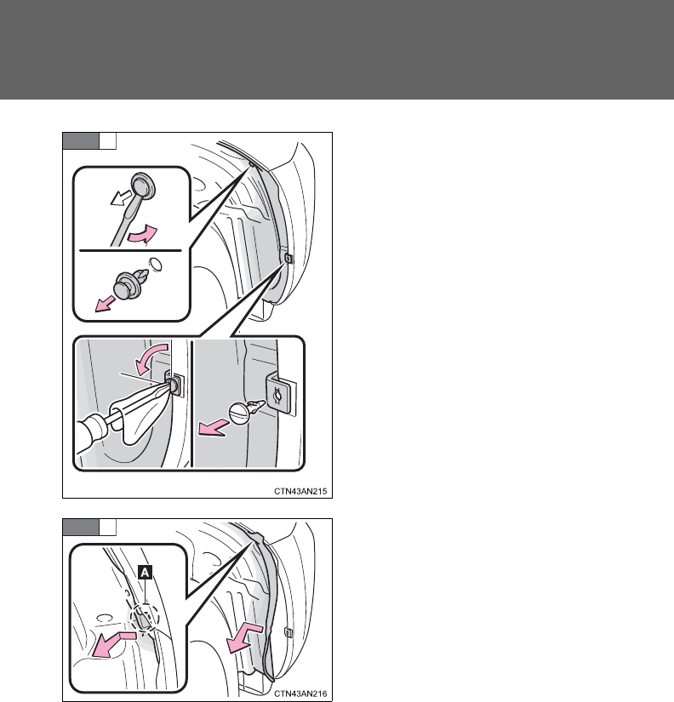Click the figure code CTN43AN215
[x=300, y=491]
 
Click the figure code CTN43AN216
[x=300, y=693]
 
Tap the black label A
[x=146, y=572]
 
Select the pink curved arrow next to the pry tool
[x=143, y=235]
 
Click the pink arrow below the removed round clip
[x=105, y=304]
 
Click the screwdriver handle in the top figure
[x=91, y=432]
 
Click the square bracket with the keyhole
[x=281, y=393]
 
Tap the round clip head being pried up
[x=143, y=185]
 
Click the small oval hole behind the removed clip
[x=155, y=264]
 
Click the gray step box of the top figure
[x=81, y=140]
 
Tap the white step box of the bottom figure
[x=107, y=527]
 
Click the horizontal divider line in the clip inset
[x=130, y=251]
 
